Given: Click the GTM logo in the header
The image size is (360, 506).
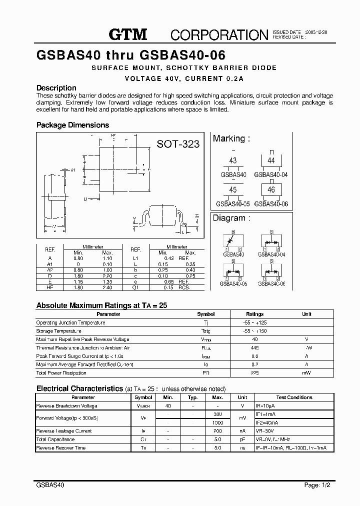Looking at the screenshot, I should (128, 34).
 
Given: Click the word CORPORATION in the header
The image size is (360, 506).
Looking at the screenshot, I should (219, 34).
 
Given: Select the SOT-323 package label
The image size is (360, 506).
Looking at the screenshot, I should (178, 144).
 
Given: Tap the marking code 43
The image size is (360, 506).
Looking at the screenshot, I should (232, 161).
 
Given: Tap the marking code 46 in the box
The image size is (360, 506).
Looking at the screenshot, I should (271, 190).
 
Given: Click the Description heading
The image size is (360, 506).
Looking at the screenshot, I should (56, 87).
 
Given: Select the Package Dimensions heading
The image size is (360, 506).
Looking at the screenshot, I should (72, 125).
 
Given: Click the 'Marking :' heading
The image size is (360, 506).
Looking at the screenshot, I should (231, 138).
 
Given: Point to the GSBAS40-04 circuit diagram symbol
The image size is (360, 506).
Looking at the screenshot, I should (271, 241).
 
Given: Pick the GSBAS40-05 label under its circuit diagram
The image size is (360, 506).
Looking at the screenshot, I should (233, 283).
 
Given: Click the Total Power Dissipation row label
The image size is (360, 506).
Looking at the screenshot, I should (61, 373).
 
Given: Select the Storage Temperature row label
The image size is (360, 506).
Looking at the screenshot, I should (58, 331).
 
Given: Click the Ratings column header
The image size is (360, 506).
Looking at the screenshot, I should (254, 314).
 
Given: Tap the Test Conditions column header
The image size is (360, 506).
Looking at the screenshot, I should (294, 397).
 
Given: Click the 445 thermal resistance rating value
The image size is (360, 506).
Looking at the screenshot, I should (254, 347).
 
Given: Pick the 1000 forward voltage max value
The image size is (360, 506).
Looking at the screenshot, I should (217, 422).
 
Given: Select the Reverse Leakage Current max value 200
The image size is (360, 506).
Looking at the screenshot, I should (217, 431).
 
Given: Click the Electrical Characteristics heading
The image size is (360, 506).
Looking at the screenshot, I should (80, 388).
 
